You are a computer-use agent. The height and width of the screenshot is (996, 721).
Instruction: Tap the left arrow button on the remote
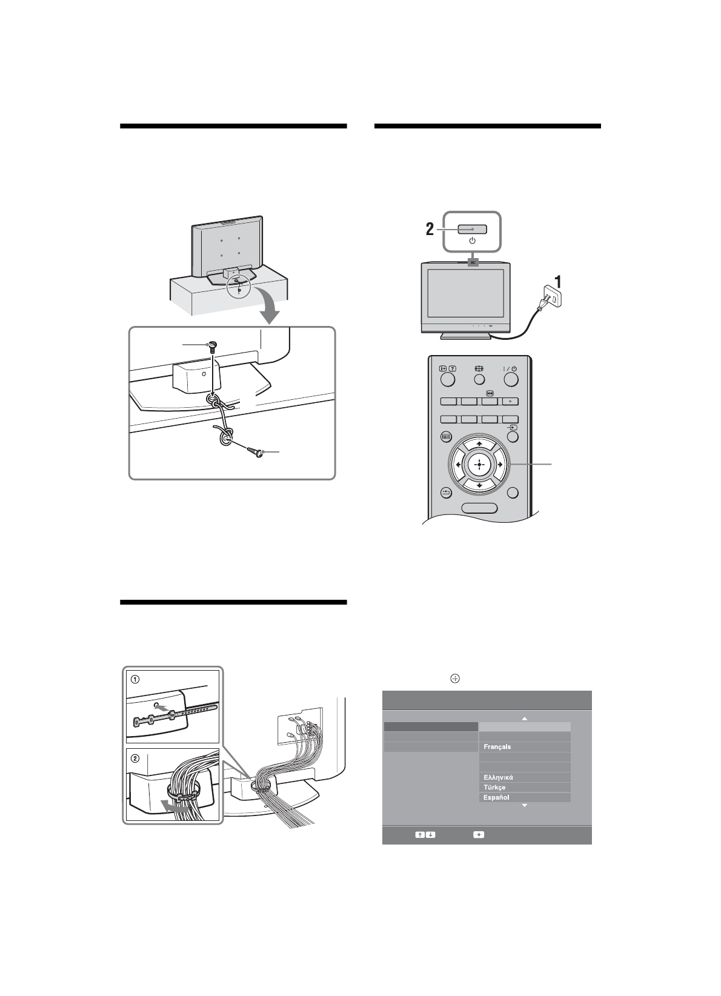click(x=457, y=465)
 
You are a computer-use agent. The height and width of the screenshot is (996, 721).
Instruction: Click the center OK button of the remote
click(x=479, y=465)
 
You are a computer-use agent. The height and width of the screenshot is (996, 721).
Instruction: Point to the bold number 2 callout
click(x=430, y=230)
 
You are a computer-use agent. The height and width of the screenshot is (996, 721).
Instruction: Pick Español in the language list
click(x=496, y=797)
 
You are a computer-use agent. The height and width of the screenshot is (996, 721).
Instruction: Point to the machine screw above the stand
click(x=211, y=347)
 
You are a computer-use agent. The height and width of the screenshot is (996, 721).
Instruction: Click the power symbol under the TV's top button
click(x=473, y=241)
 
